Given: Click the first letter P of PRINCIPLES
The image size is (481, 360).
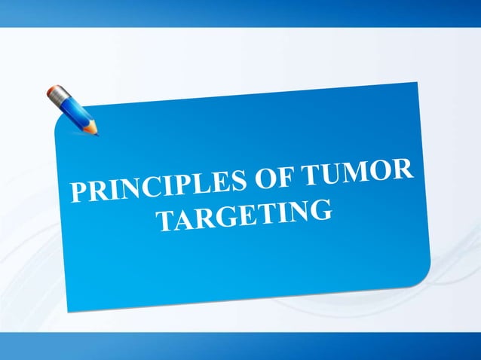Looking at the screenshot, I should point(79,192).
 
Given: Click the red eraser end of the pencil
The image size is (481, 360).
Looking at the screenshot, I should point(53,92).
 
